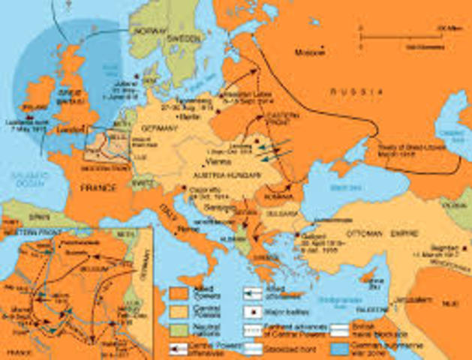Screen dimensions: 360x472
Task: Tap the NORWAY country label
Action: [148, 31]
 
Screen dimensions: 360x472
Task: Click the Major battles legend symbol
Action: [254, 310]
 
